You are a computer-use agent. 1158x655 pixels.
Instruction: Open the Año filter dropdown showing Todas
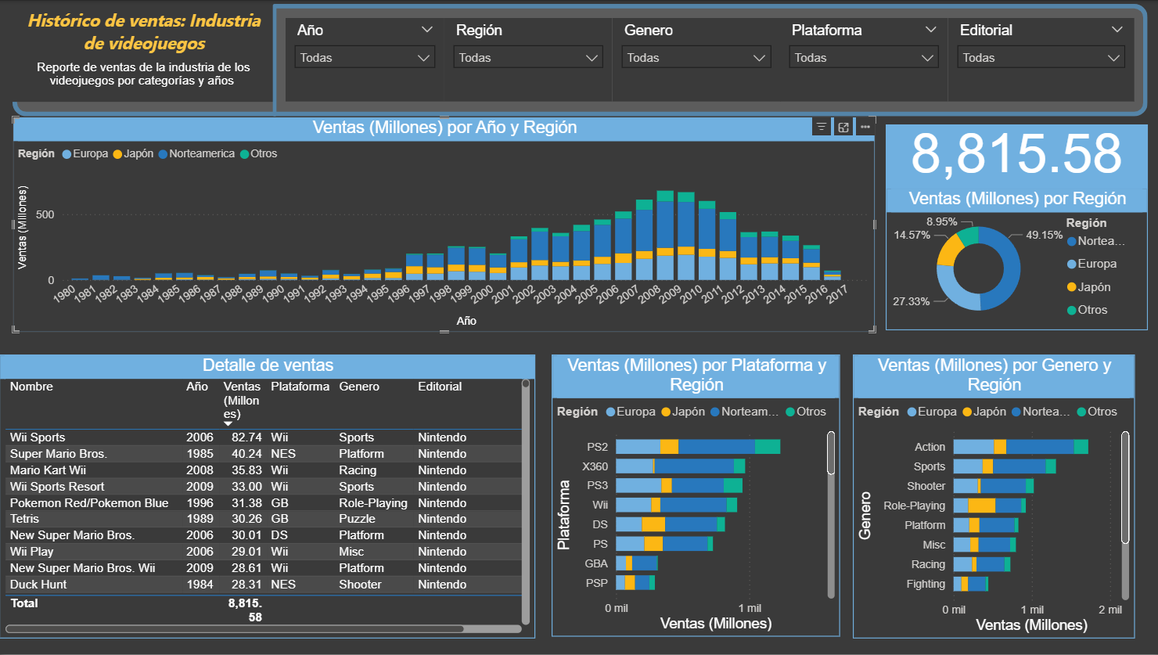(365, 57)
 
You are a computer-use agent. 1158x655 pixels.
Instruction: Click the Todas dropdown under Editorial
(1041, 57)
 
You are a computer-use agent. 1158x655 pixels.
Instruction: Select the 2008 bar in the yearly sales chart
(644, 240)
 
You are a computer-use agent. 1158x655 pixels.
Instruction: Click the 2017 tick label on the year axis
(837, 293)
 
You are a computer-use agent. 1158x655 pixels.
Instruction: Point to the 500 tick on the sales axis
(45, 214)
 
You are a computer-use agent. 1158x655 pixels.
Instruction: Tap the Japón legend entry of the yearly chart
(133, 153)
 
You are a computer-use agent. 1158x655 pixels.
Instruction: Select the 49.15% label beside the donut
(1044, 235)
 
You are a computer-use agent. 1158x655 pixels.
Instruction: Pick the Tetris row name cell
(24, 519)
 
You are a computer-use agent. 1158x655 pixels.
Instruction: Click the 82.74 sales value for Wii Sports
(246, 437)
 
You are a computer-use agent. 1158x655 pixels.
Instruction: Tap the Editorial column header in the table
(440, 386)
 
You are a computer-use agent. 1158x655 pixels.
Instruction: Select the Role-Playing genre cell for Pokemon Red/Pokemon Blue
(372, 503)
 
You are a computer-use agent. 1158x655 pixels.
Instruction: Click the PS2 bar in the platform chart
(698, 447)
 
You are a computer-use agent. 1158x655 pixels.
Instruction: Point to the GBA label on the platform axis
(596, 563)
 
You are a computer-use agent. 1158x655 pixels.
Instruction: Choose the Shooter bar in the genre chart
(993, 486)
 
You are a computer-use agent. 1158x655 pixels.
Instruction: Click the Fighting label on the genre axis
(926, 584)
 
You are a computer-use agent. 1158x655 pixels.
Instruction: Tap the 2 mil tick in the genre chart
(1110, 610)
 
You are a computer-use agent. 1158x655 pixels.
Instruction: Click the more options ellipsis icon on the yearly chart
(865, 128)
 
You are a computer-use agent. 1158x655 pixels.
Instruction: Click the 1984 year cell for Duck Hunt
(200, 584)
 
